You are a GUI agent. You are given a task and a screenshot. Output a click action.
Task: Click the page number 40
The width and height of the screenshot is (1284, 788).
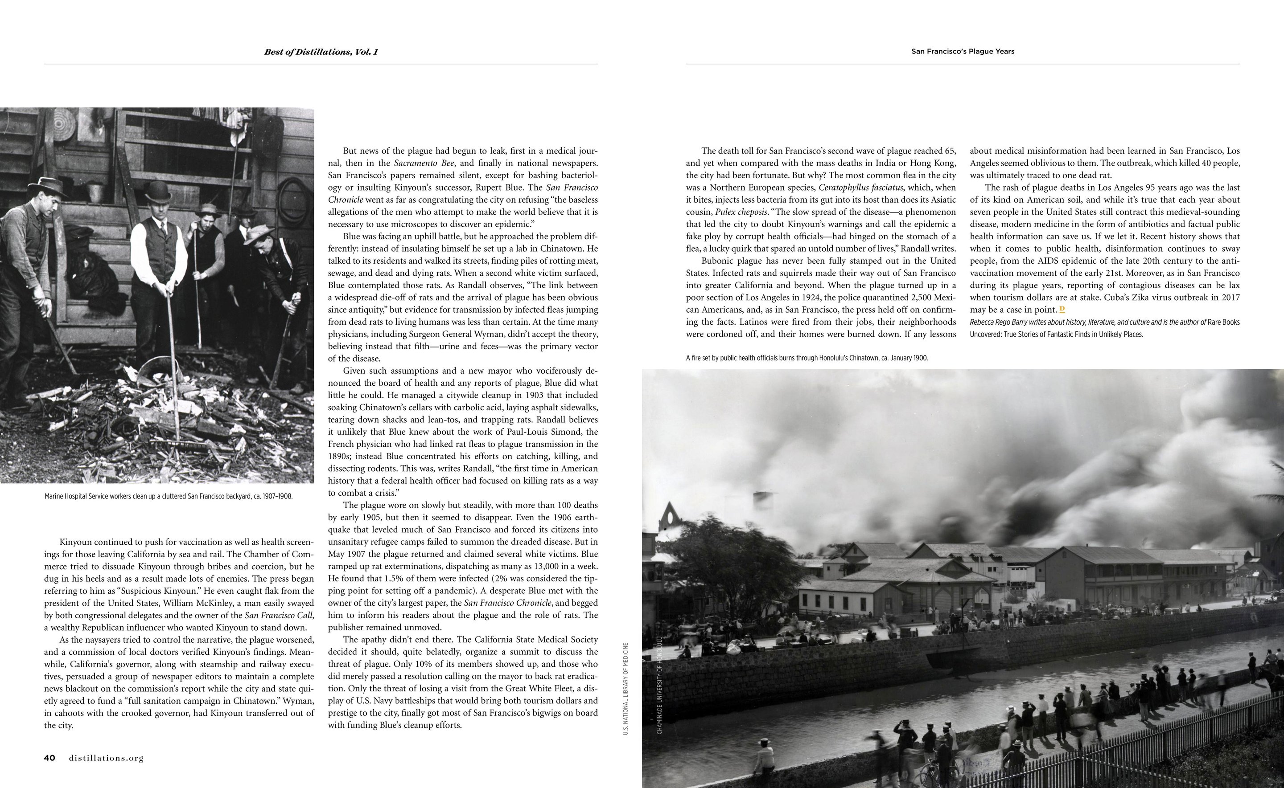click(49, 758)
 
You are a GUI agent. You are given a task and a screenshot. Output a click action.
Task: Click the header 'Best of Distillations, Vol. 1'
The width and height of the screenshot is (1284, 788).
click(321, 52)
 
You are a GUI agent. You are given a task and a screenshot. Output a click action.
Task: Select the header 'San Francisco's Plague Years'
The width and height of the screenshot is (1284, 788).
click(962, 52)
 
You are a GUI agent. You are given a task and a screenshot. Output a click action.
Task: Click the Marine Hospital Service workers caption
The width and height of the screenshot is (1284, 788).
click(169, 496)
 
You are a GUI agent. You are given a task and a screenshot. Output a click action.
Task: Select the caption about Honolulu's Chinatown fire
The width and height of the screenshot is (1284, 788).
click(807, 358)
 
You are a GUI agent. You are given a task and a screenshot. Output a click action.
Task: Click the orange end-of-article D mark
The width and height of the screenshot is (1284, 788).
click(1062, 310)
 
